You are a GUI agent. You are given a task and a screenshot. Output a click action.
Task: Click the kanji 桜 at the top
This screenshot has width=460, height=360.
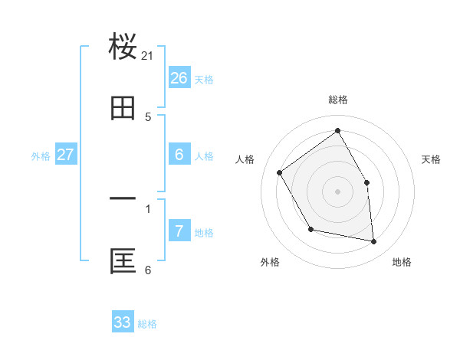click(x=123, y=47)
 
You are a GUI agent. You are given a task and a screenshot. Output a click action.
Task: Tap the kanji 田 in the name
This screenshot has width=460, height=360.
click(x=123, y=109)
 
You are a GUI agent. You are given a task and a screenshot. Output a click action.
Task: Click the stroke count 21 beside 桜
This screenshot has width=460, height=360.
click(x=148, y=56)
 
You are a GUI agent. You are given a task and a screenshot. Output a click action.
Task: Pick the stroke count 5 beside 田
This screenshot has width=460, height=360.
click(x=148, y=117)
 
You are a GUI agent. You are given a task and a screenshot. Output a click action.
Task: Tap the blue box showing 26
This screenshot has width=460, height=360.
click(x=179, y=78)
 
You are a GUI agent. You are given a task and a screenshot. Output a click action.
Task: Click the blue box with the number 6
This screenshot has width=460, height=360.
click(x=179, y=155)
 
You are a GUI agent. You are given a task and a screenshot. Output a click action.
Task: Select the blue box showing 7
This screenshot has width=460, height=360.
click(x=179, y=231)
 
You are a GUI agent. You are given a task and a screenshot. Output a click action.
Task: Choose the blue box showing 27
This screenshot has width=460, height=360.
click(x=65, y=155)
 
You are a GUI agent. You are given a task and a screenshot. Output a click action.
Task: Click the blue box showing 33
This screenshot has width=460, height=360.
click(x=123, y=322)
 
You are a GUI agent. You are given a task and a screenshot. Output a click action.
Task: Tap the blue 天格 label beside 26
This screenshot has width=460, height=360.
click(x=204, y=80)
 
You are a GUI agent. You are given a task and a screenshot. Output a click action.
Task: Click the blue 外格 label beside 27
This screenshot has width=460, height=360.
click(x=41, y=156)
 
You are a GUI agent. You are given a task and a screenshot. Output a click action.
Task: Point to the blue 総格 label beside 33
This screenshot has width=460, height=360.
click(x=147, y=324)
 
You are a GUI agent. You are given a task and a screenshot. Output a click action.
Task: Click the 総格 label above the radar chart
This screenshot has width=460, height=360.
click(x=337, y=100)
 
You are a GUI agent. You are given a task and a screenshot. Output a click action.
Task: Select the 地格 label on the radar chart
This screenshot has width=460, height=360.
click(x=402, y=263)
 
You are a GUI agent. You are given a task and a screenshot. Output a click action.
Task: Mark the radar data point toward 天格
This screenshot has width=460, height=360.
click(x=366, y=182)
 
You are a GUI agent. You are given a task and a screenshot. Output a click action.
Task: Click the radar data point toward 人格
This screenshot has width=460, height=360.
click(x=280, y=172)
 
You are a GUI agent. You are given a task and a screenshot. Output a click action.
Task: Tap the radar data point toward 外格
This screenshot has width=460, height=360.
click(x=310, y=229)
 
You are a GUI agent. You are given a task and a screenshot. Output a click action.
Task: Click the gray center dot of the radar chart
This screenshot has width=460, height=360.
click(x=337, y=191)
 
